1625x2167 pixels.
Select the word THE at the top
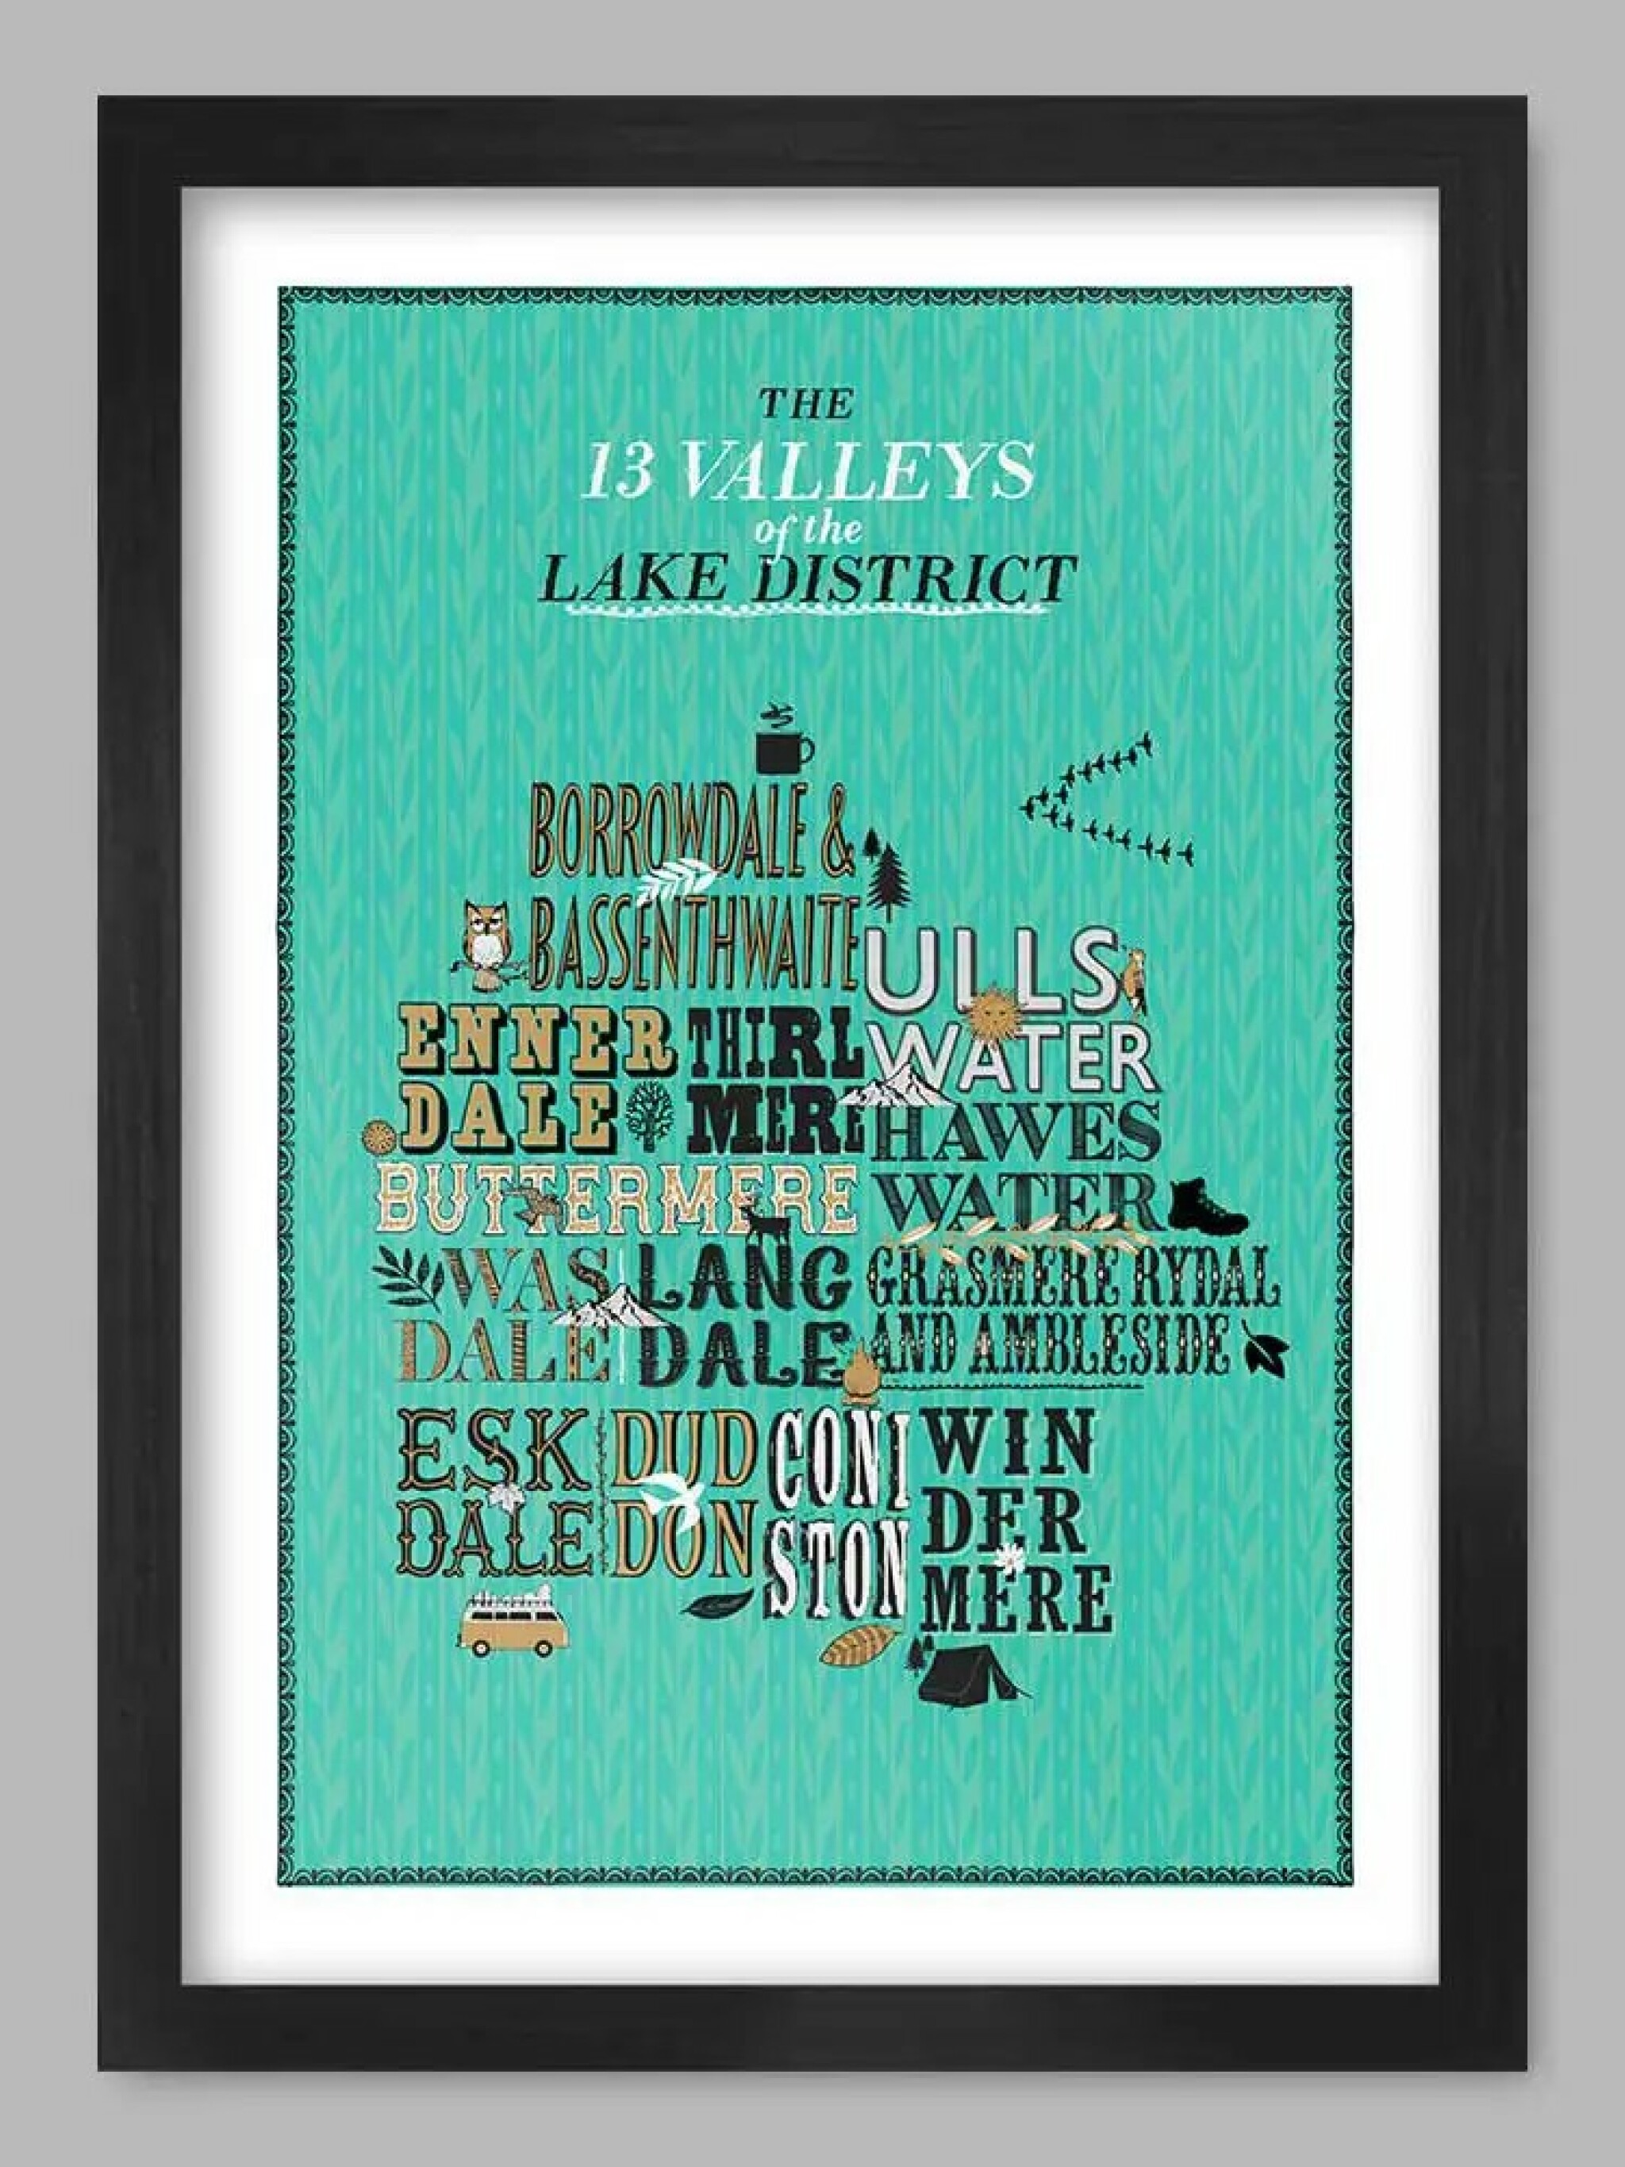[807, 405]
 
